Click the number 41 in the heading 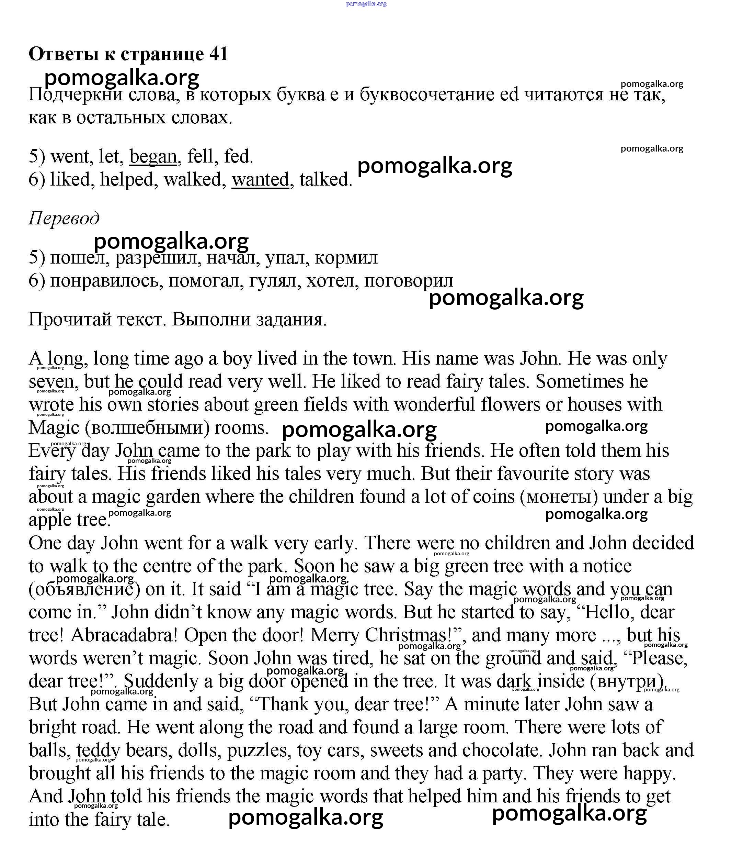point(219,54)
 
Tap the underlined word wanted point(260,180)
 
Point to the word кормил point(346,257)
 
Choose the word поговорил point(409,281)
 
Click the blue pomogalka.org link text point(366,4)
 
